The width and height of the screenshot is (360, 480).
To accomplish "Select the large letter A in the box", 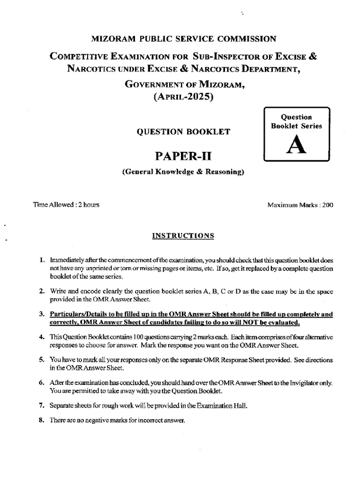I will coord(297,146).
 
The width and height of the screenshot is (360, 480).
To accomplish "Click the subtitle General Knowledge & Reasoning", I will coord(183,172).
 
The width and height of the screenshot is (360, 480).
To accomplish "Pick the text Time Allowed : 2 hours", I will coord(66,205).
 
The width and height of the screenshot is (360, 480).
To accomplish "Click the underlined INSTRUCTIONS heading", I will coord(183,236).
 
